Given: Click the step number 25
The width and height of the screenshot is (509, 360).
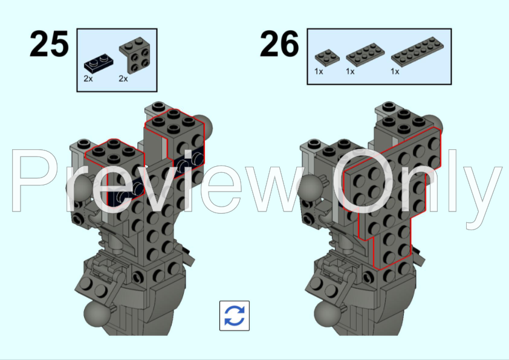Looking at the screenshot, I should tap(49, 45).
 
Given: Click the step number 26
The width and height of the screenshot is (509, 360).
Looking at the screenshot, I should tap(279, 45).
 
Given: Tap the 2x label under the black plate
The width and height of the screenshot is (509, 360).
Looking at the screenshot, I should tap(88, 79).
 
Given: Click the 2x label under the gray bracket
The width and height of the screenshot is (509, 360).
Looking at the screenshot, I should tap(123, 79).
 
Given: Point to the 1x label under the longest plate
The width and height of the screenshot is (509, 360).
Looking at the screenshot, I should tap(395, 71).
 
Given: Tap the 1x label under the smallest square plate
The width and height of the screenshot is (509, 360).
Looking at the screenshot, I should tap(319, 71).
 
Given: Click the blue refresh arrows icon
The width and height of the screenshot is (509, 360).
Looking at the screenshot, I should tap(235, 315).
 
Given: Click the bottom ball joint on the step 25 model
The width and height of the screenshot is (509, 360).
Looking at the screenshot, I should tap(96, 315).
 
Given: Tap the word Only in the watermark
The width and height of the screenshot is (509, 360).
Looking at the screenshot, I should tap(417, 181).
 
